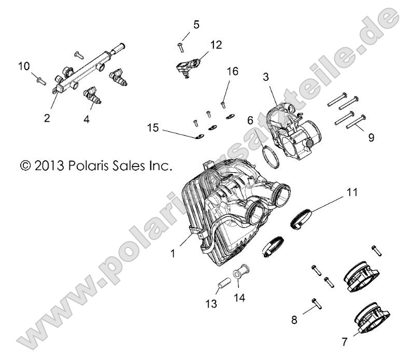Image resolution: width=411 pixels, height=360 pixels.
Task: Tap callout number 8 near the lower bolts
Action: (x=294, y=320)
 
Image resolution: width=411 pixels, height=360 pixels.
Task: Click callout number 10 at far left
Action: (x=24, y=66)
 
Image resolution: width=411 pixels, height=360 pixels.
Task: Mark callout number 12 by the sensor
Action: (x=216, y=45)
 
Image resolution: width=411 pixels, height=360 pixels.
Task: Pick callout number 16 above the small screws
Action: (x=232, y=72)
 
